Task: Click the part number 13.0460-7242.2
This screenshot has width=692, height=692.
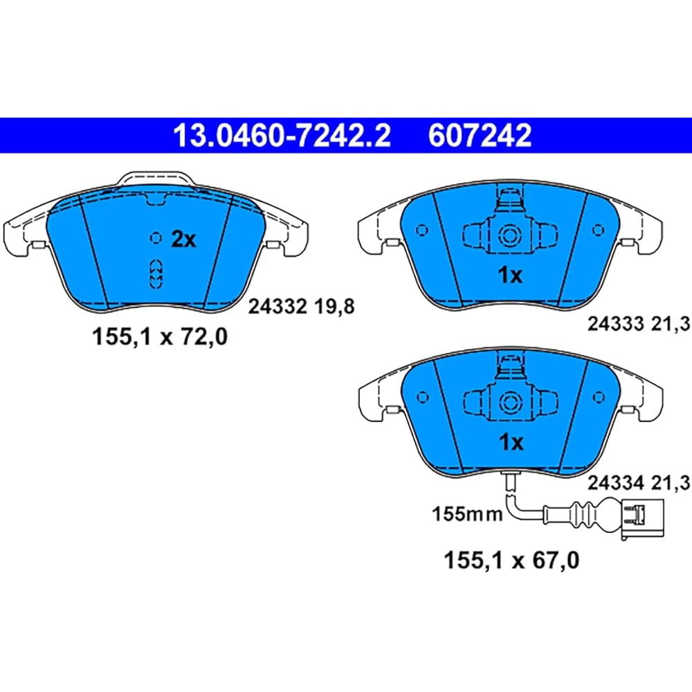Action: [282, 136]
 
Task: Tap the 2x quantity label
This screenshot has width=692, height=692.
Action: [184, 240]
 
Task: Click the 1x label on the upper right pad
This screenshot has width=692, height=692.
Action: [510, 275]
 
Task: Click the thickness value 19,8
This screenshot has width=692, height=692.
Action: [336, 307]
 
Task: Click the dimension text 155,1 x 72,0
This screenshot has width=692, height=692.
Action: [160, 338]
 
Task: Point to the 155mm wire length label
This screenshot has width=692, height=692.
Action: [461, 513]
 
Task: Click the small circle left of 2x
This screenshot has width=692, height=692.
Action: [156, 238]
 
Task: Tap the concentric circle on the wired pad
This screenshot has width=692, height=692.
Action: [510, 400]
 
